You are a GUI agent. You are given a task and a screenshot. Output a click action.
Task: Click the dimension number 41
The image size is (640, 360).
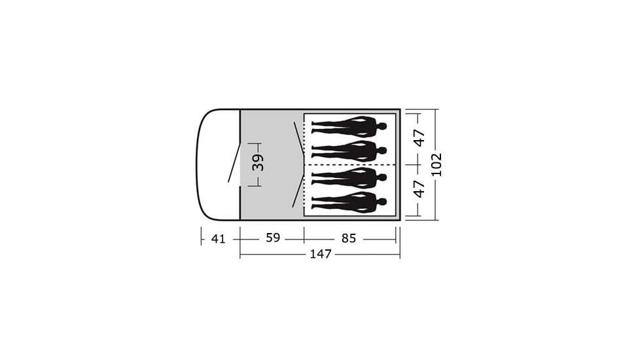(x=219, y=238)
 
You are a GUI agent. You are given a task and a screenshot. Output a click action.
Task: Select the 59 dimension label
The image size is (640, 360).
(x=273, y=238)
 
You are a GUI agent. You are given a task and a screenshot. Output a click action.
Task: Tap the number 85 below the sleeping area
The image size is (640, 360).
(x=349, y=238)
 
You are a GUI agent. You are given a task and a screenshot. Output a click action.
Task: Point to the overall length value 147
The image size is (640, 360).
(x=321, y=254)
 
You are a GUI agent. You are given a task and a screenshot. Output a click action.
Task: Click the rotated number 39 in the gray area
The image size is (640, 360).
(x=258, y=162)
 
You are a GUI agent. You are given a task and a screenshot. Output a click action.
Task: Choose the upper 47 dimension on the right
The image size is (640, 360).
(x=419, y=138)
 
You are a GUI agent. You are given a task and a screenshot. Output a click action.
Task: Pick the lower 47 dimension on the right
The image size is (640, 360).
(x=419, y=189)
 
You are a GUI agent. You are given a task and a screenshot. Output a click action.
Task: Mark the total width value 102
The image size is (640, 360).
(x=436, y=164)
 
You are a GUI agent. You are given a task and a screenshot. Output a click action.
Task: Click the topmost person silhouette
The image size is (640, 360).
(x=349, y=127)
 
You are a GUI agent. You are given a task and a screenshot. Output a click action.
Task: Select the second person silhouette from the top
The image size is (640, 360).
(x=349, y=151)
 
